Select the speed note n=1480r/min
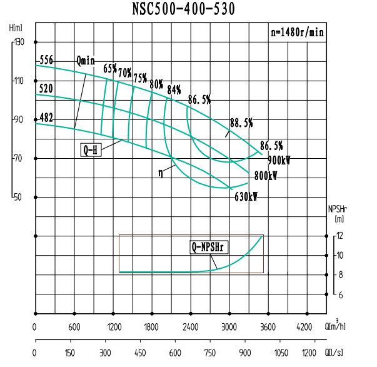coord(296,33)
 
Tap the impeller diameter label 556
coord(46,61)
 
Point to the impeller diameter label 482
coord(46,117)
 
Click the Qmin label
coord(86,61)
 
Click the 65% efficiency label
coord(110,68)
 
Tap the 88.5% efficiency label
coord(241,122)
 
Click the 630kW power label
coord(246,196)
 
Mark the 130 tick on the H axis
coord(18,42)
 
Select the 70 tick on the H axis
coord(19,159)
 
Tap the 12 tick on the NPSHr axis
coord(340,236)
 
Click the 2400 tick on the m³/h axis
coord(191,327)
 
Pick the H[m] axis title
coord(16,28)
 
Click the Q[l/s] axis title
coord(336,353)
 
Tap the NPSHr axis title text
coord(338,210)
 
